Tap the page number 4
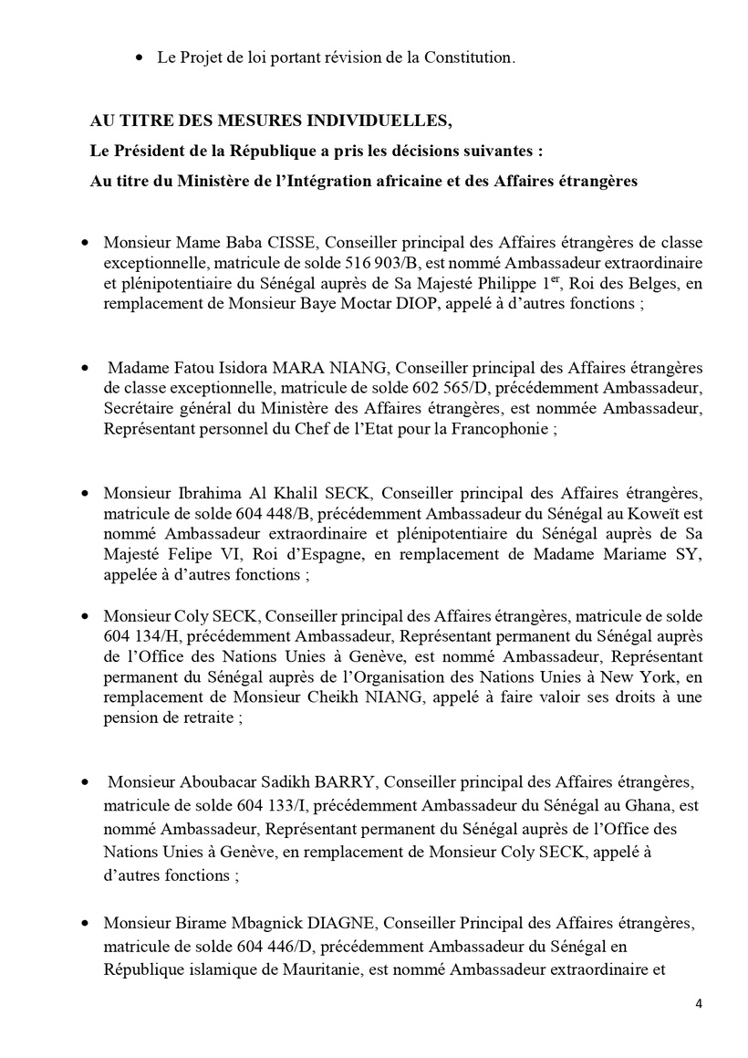click(699, 1004)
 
